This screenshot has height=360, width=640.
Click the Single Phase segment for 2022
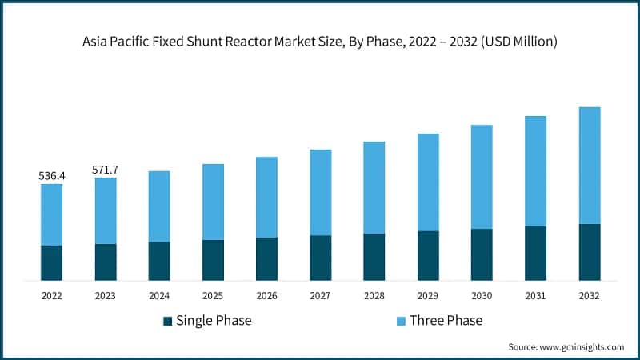click(x=52, y=262)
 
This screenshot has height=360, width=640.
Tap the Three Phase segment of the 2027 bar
click(x=321, y=192)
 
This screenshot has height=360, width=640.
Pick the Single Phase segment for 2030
click(x=482, y=254)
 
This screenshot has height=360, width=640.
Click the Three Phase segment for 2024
click(x=159, y=206)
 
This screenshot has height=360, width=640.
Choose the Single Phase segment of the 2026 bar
click(x=267, y=258)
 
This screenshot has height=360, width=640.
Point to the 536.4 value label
click(x=52, y=174)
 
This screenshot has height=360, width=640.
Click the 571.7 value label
click(x=106, y=169)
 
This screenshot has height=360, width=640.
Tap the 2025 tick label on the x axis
click(x=213, y=295)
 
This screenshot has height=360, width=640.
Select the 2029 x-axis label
click(x=428, y=295)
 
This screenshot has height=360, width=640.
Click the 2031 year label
click(x=535, y=295)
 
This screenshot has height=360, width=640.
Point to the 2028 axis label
click(x=374, y=295)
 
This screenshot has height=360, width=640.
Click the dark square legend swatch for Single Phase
click(x=168, y=321)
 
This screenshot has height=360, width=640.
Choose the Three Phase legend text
click(x=446, y=321)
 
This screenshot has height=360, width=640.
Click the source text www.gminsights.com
click(x=581, y=347)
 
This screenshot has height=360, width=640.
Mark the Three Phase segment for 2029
click(x=428, y=182)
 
